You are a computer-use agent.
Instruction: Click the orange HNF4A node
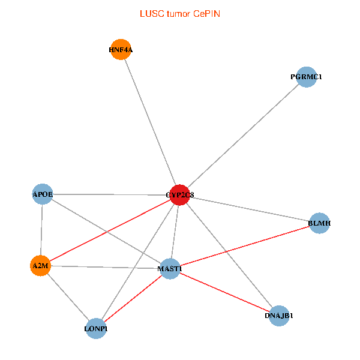point(121,50)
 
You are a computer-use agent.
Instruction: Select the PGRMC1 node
point(306,77)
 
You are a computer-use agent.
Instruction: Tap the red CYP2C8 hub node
point(180,195)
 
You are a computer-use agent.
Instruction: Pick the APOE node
point(43,194)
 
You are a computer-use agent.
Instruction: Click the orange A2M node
point(40,265)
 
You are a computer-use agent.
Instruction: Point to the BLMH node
point(319,223)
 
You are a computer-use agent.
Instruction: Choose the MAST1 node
point(170,268)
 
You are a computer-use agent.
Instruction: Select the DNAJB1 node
point(279,315)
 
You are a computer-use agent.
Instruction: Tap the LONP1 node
point(96,328)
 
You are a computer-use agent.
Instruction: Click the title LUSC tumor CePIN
point(180,13)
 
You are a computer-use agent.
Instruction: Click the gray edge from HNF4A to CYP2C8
point(150,122)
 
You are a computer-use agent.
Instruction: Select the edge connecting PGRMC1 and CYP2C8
point(243,136)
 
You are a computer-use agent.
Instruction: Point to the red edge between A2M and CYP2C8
point(110,230)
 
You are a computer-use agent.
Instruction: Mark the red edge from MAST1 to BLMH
point(245,246)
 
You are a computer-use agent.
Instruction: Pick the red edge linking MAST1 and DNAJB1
point(224,292)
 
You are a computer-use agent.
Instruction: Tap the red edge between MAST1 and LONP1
point(133,298)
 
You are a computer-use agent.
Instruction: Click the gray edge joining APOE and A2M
point(41,229)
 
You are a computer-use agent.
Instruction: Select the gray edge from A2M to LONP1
point(68,296)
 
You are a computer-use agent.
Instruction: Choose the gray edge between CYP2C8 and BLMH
point(250,209)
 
